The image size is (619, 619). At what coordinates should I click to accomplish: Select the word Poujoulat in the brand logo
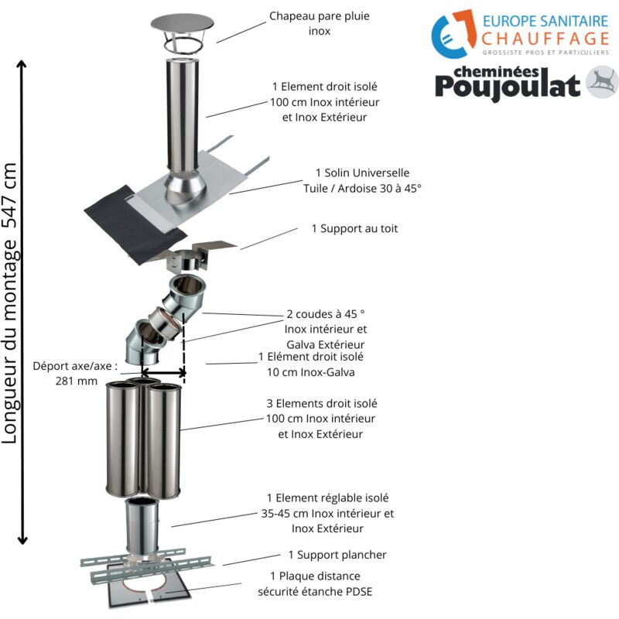pos(507,85)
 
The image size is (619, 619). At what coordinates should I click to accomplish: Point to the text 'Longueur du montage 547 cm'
pos(10,302)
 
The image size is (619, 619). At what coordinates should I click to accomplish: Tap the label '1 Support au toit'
pos(354,229)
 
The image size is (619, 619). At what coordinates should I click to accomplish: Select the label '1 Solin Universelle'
pos(362,173)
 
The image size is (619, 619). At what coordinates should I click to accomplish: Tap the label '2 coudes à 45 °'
pos(325,316)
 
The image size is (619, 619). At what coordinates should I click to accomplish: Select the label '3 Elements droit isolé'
pos(321,403)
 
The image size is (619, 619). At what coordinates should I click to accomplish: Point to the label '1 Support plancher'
pos(337,555)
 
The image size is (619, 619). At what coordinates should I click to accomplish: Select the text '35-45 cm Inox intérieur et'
pos(327,513)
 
